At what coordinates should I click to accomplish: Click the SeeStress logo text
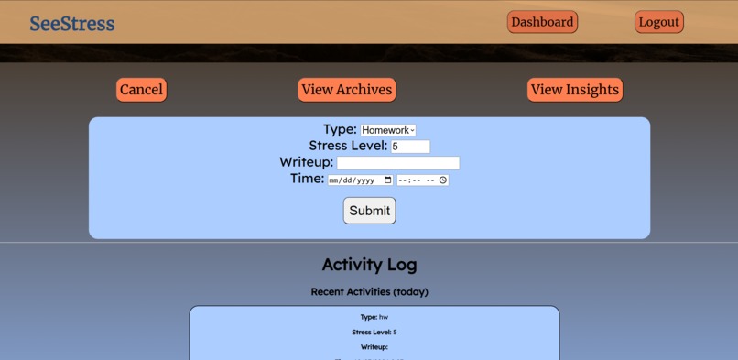pyautogui.click(x=72, y=24)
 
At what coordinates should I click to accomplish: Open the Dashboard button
pyautogui.click(x=543, y=22)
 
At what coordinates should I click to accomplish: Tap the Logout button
pyautogui.click(x=659, y=22)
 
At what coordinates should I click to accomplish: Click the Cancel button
pyautogui.click(x=141, y=90)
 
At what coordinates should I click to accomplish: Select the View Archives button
pyautogui.click(x=347, y=90)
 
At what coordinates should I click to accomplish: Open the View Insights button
pyautogui.click(x=575, y=90)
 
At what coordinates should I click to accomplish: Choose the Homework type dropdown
pyautogui.click(x=388, y=131)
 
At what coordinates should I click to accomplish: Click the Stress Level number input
pyautogui.click(x=409, y=147)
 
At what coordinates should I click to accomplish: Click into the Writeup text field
pyautogui.click(x=397, y=163)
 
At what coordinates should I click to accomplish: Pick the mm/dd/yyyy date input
pyautogui.click(x=361, y=180)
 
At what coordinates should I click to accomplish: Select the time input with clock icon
pyautogui.click(x=422, y=180)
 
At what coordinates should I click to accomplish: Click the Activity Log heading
pyautogui.click(x=369, y=265)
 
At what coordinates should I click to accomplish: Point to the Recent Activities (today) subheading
pyautogui.click(x=369, y=292)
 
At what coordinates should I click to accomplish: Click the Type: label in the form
pyautogui.click(x=340, y=129)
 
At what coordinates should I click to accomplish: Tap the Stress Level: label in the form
pyautogui.click(x=348, y=146)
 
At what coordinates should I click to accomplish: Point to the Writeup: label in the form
pyautogui.click(x=306, y=162)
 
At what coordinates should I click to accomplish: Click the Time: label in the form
pyautogui.click(x=307, y=179)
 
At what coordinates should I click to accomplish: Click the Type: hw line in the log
pyautogui.click(x=374, y=317)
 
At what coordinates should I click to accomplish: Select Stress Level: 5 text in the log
pyautogui.click(x=374, y=332)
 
